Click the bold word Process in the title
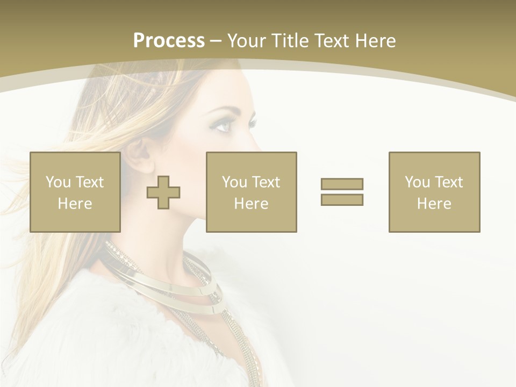169,40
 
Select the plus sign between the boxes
163,192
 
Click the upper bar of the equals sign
342,184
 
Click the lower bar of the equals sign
342,199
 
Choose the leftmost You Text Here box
75,192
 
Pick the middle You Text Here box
251,192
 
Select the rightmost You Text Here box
434,192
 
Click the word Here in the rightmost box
434,203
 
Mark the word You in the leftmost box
58,182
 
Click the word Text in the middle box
266,182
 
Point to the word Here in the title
375,40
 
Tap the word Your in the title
247,40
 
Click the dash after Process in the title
216,41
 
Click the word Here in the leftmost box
75,203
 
